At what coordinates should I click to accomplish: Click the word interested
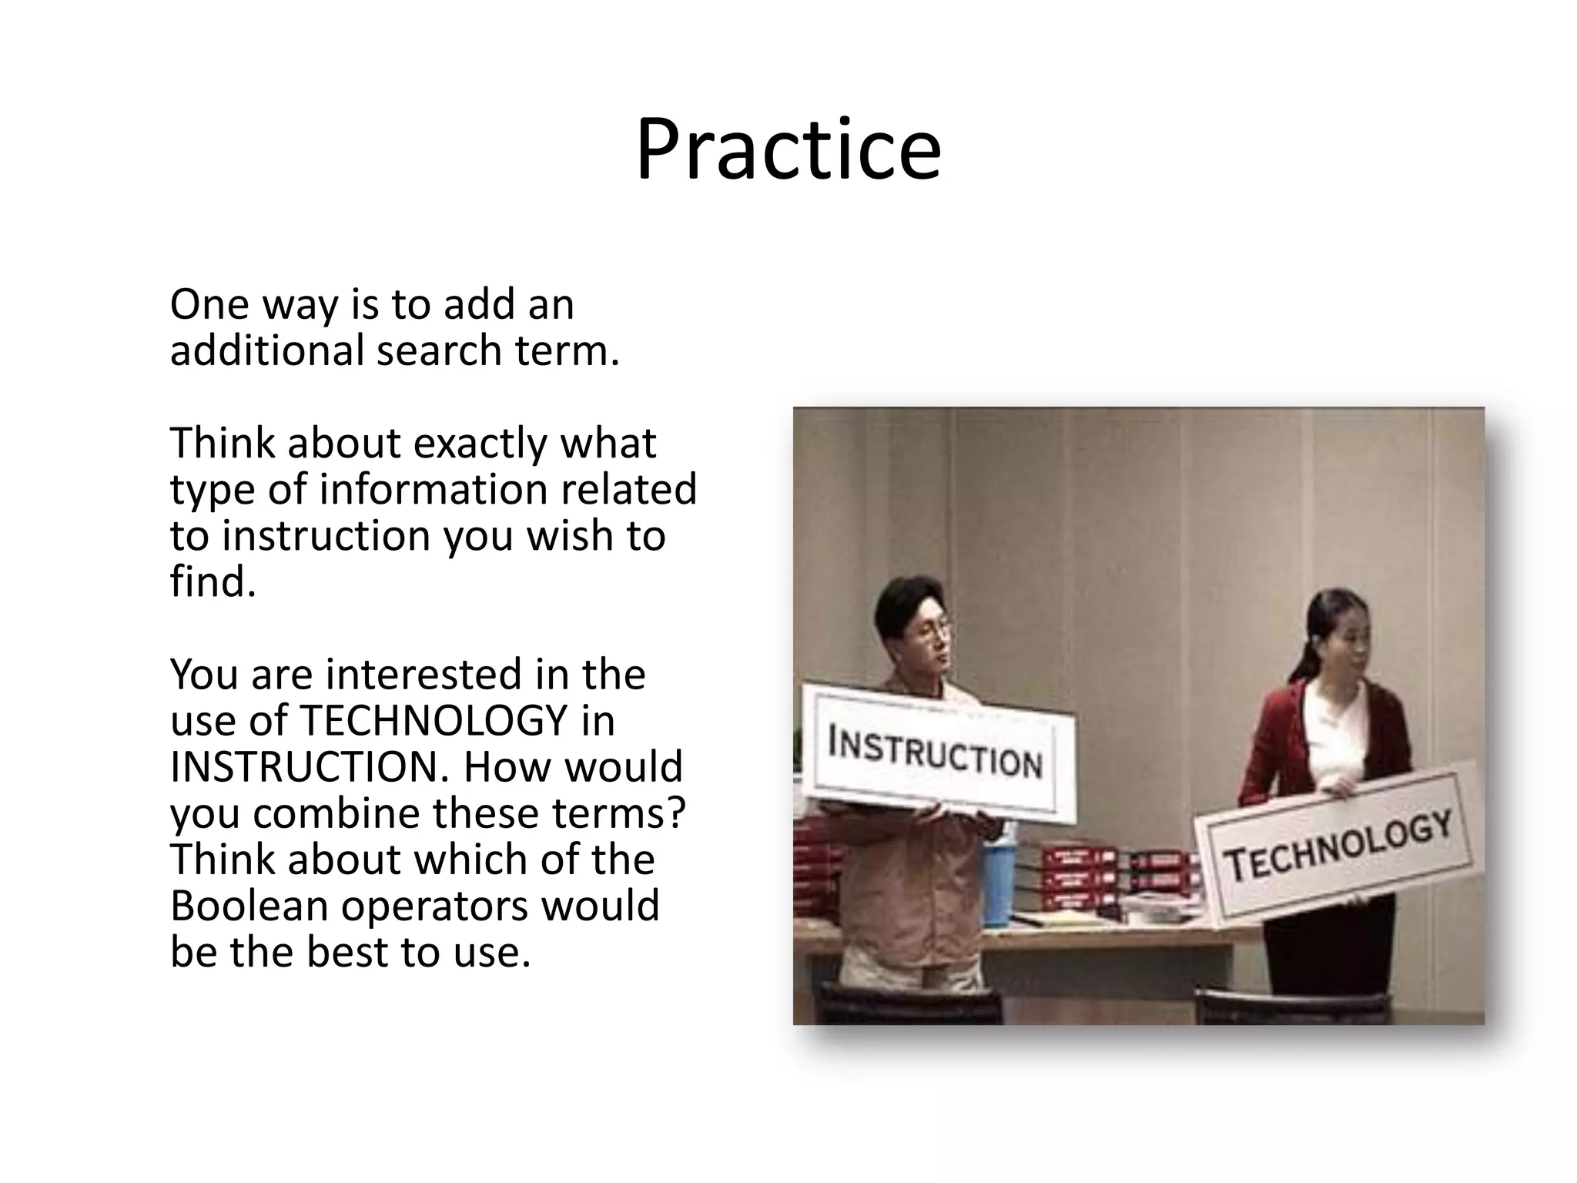coord(420,675)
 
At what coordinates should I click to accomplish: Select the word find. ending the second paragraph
coord(213,582)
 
